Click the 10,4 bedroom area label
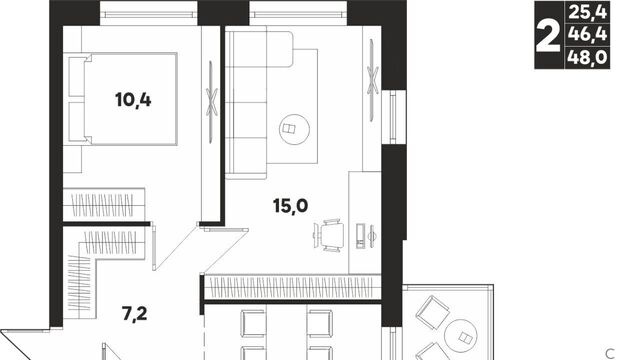(133, 100)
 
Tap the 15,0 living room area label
(291, 206)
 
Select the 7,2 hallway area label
(134, 314)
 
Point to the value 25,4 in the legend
(588, 12)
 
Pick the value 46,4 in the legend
(588, 34)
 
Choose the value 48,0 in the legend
(588, 58)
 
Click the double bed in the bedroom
(123, 99)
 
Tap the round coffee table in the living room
(294, 129)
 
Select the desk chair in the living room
(329, 235)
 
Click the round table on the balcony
(462, 337)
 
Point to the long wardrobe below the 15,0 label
(292, 287)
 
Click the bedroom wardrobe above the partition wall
(104, 205)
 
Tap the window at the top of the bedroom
(149, 15)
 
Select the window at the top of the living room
(298, 15)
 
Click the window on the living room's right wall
(393, 117)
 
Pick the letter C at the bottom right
(610, 353)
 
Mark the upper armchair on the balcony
(432, 312)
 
